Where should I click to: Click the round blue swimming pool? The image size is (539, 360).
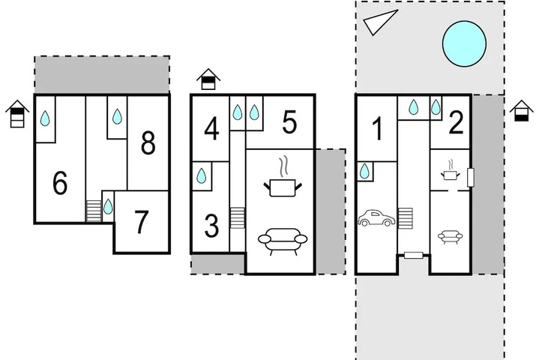click(x=464, y=43)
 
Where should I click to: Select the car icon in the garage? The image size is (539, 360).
click(x=376, y=218)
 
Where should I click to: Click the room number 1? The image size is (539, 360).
click(x=377, y=128)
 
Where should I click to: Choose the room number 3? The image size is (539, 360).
click(x=211, y=226)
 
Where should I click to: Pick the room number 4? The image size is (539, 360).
click(x=211, y=129)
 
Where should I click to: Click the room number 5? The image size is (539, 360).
click(x=289, y=122)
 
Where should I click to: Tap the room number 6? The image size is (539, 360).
click(x=60, y=182)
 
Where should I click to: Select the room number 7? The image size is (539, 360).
click(x=141, y=222)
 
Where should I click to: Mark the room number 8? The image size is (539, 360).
click(x=148, y=143)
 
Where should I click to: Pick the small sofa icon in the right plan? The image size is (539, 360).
click(x=450, y=237)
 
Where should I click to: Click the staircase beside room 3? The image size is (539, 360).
click(x=237, y=217)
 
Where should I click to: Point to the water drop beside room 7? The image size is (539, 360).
click(x=108, y=206)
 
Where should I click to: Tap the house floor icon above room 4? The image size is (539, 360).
click(x=208, y=79)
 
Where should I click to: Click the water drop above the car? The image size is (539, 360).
click(x=364, y=171)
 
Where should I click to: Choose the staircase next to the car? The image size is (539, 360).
click(x=406, y=217)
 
